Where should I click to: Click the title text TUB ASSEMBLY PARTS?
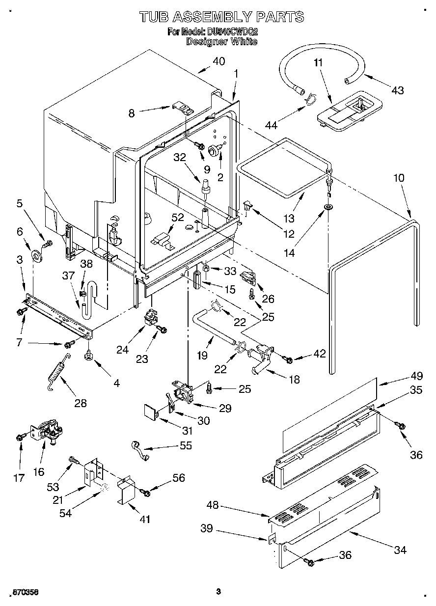[x=221, y=17]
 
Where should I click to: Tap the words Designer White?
[x=221, y=42]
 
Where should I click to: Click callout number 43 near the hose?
[x=398, y=90]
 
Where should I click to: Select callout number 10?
[x=399, y=178]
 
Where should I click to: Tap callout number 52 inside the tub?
[x=178, y=217]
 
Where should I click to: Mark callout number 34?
[x=400, y=550]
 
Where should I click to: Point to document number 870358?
[x=24, y=593]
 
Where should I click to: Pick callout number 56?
[x=179, y=478]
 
